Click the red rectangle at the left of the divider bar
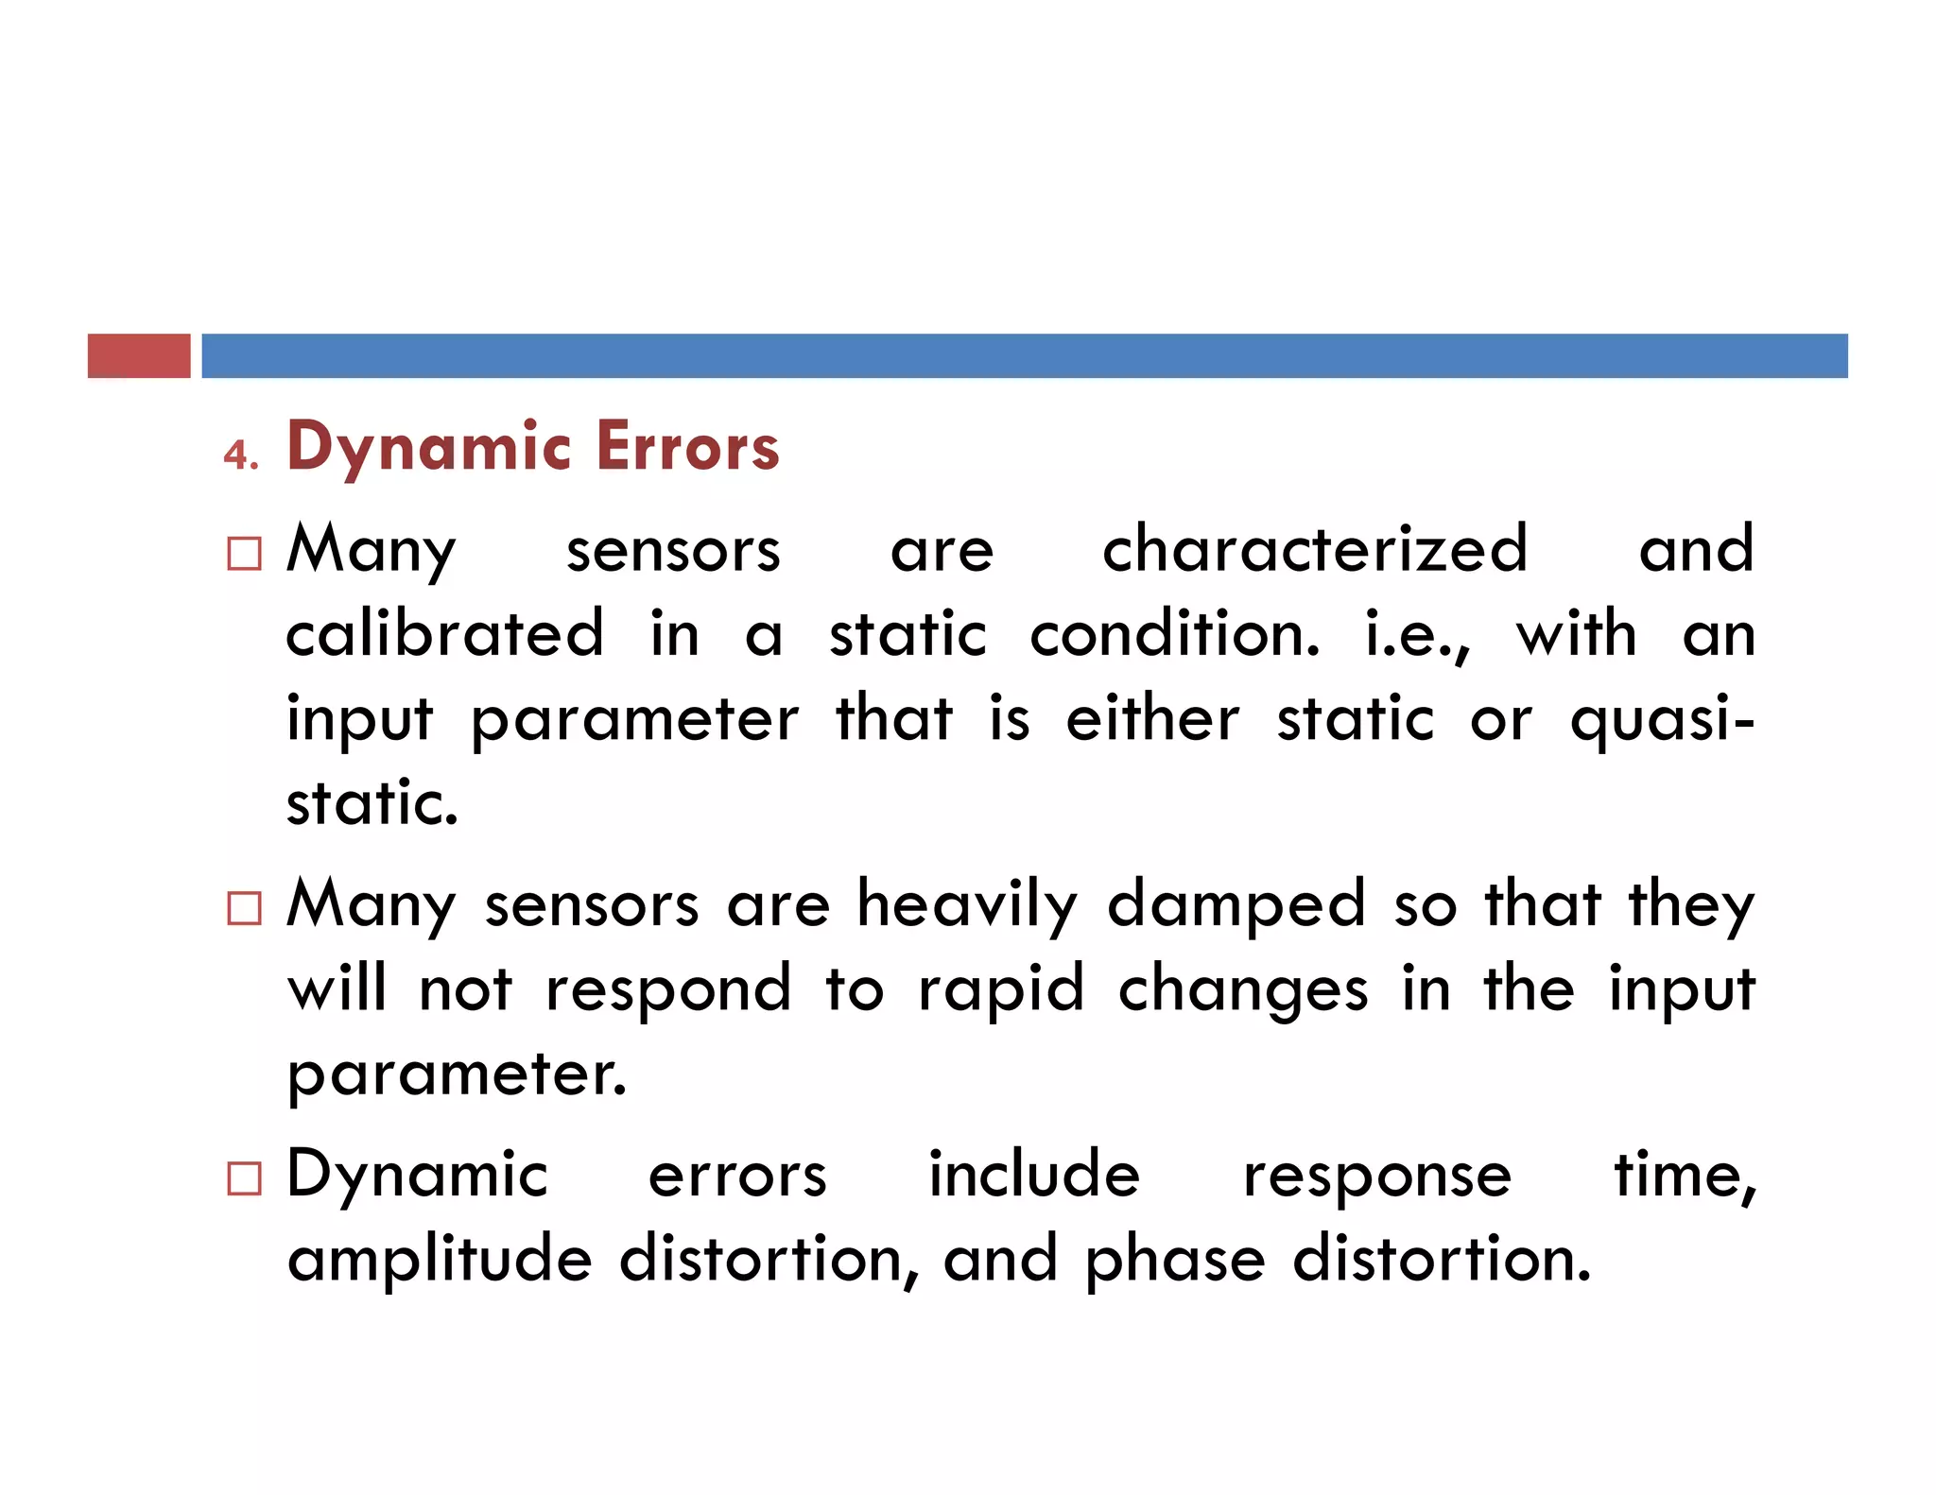(x=139, y=355)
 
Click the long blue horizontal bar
(x=1024, y=355)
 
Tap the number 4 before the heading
(x=238, y=455)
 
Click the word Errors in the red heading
(x=687, y=447)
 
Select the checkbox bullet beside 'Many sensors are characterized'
(x=244, y=554)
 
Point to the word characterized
(x=1314, y=549)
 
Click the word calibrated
(x=444, y=634)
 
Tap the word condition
(x=1174, y=634)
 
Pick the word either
(x=1151, y=719)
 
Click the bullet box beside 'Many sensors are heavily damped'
(x=244, y=908)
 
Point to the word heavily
(x=967, y=905)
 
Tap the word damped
(x=1236, y=905)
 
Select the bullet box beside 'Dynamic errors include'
(x=244, y=1178)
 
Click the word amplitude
(x=440, y=1262)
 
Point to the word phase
(x=1174, y=1262)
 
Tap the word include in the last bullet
(x=1034, y=1175)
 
